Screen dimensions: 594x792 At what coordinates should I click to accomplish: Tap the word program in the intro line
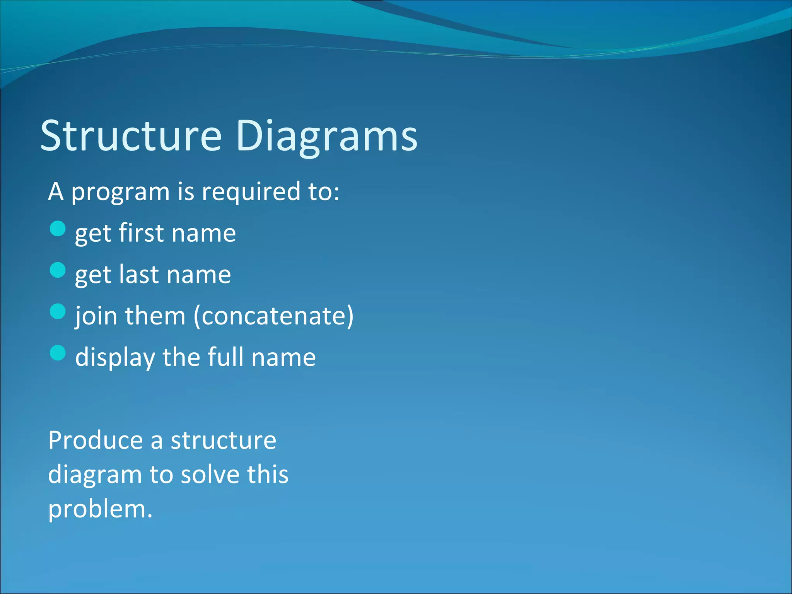click(x=120, y=192)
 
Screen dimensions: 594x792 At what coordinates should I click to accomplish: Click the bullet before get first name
click(x=58, y=229)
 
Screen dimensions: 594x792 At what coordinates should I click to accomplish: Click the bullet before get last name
click(x=58, y=270)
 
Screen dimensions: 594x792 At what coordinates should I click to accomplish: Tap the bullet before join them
click(x=58, y=311)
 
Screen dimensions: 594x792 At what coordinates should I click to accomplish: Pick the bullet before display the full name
click(x=58, y=353)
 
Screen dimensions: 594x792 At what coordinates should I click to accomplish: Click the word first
click(x=141, y=233)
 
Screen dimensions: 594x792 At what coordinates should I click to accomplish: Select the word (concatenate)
click(x=273, y=316)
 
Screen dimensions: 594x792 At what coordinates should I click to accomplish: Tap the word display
click(x=115, y=358)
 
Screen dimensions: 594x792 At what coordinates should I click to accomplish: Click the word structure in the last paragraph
click(x=223, y=440)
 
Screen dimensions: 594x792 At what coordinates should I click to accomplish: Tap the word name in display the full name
click(x=283, y=358)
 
